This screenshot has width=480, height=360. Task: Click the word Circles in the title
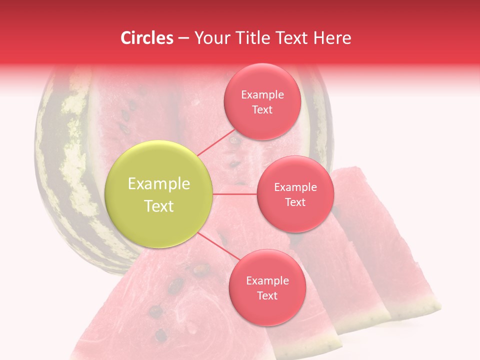pyautogui.click(x=146, y=38)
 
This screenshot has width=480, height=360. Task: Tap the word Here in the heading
pyautogui.click(x=333, y=38)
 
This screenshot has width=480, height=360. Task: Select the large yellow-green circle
pyautogui.click(x=159, y=194)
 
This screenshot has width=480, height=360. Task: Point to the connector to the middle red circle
pyautogui.click(x=235, y=194)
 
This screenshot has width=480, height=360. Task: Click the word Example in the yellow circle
pyautogui.click(x=159, y=184)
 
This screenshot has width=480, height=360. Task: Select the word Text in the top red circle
pyautogui.click(x=262, y=110)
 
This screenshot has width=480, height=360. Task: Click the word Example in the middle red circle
pyautogui.click(x=295, y=187)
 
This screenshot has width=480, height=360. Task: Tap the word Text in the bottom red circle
pyautogui.click(x=267, y=296)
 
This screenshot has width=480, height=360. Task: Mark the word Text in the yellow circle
pyautogui.click(x=159, y=206)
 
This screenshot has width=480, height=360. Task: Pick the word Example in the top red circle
pyautogui.click(x=262, y=95)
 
